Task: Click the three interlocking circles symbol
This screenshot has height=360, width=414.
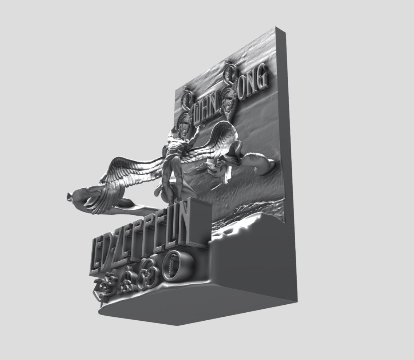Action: coord(148,274)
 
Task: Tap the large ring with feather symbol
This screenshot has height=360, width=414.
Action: coord(175,265)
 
